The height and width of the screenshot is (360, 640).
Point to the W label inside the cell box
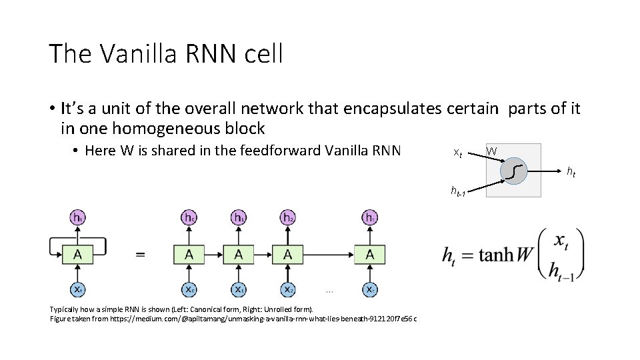491,151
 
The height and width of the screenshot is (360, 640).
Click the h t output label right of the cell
571,172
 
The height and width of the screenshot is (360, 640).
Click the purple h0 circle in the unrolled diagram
190,217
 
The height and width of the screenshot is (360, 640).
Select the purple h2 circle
288,217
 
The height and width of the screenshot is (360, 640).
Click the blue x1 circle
239,290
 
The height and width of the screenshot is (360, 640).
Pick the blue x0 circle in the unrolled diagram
190,290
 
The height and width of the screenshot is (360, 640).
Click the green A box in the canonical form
78,254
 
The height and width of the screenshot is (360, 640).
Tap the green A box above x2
288,254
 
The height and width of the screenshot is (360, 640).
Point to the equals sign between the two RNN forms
141,254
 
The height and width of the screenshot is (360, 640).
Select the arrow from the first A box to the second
214,254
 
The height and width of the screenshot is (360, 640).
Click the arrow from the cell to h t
544,171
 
